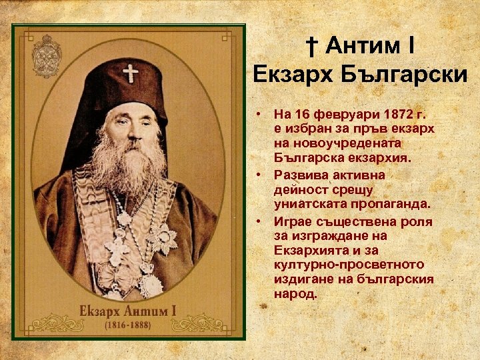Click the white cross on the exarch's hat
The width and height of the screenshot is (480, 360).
point(130,71)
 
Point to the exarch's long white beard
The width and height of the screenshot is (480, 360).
point(127,167)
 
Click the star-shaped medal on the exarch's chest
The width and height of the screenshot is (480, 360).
point(162,238)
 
